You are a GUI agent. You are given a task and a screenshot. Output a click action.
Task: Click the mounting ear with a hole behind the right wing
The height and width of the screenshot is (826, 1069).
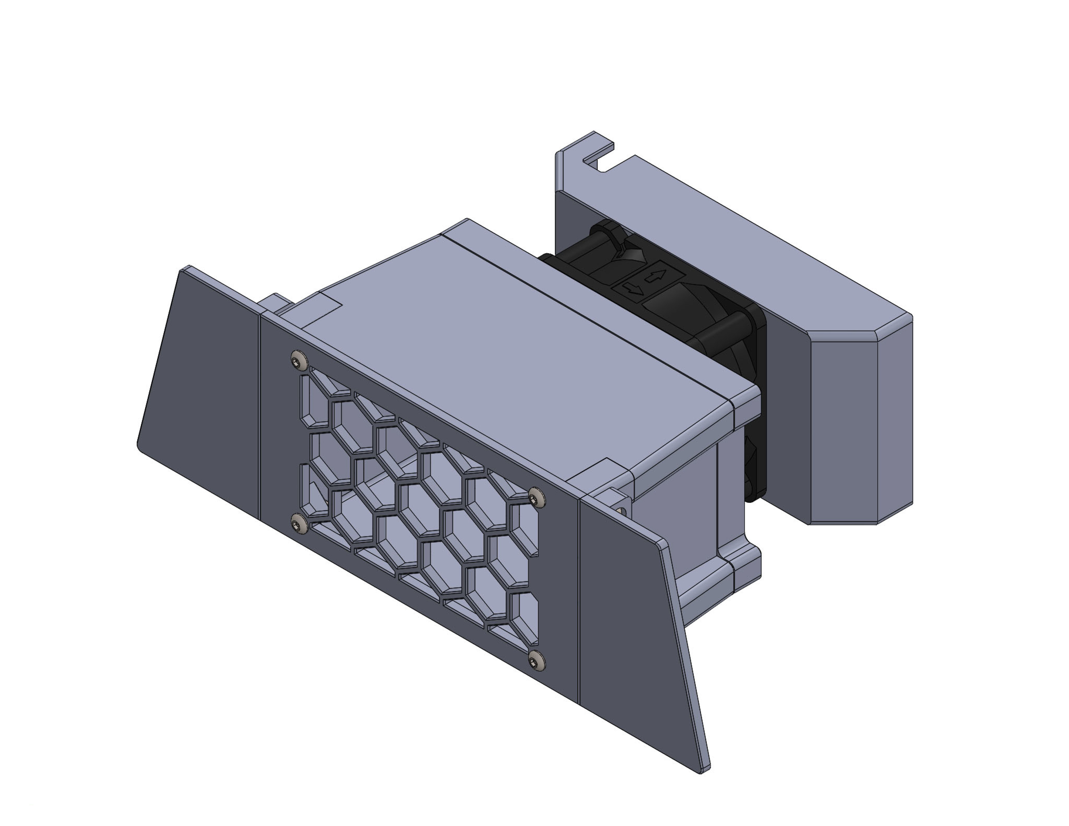(x=622, y=509)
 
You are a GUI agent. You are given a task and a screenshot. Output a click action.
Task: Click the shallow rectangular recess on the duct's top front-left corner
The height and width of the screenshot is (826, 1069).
(x=321, y=308)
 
